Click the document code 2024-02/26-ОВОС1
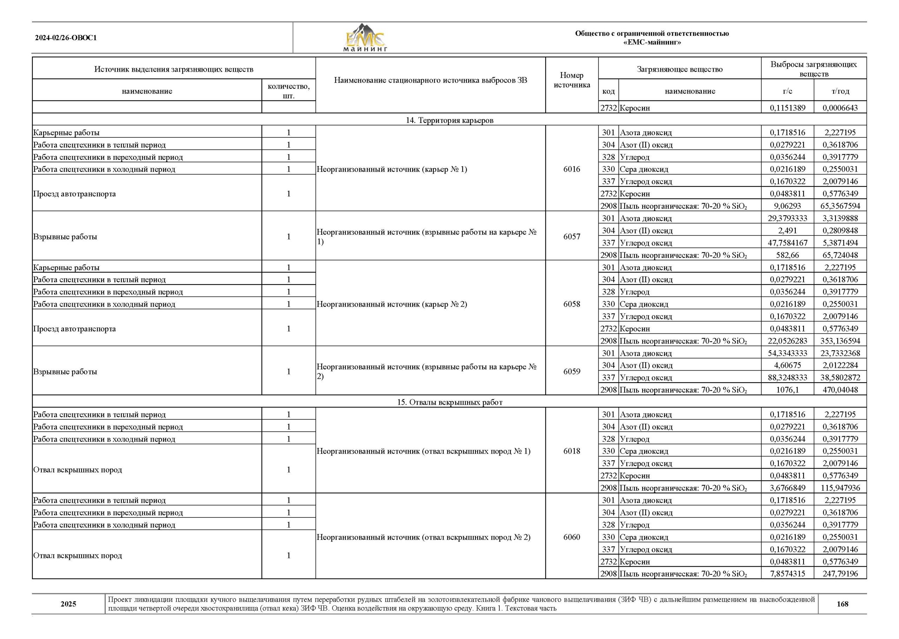66,38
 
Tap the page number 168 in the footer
842,604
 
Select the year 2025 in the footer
68,604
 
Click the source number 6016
571,169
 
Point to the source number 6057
571,236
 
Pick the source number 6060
571,537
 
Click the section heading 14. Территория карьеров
449,120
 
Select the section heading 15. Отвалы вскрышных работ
449,402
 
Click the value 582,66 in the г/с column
787,255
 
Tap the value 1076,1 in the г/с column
787,390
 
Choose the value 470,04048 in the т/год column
840,390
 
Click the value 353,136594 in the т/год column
840,341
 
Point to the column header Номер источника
571,80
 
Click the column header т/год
840,91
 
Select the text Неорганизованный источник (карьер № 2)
392,304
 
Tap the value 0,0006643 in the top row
840,108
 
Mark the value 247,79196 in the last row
840,574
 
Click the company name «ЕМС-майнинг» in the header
652,43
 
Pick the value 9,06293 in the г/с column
787,206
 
